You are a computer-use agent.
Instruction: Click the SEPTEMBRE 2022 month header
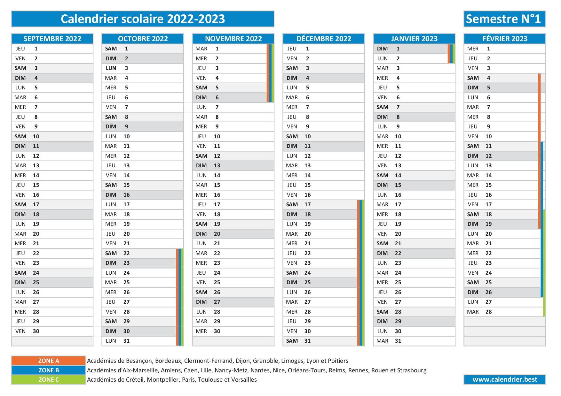pos(52,39)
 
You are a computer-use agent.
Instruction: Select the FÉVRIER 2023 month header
pos(505,39)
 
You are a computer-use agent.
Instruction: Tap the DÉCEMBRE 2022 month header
pos(324,39)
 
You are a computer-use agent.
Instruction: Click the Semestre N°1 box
pos(505,19)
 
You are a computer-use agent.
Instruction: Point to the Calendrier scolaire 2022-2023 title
pos(143,19)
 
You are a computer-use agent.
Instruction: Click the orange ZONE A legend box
pos(49,361)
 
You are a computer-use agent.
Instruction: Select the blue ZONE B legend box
pos(49,370)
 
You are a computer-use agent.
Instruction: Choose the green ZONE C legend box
pos(49,379)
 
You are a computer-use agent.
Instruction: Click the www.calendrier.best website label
pos(505,379)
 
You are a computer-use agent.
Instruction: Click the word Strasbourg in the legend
pos(412,370)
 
